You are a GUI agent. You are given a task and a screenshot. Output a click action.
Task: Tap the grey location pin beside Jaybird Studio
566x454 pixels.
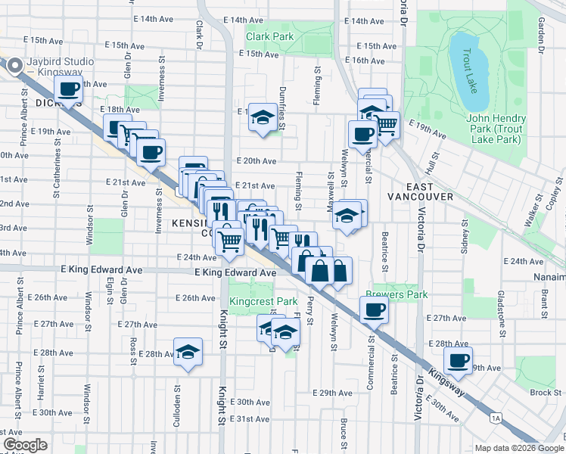pyautogui.click(x=14, y=67)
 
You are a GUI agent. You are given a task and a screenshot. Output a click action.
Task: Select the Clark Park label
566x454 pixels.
pyautogui.click(x=269, y=36)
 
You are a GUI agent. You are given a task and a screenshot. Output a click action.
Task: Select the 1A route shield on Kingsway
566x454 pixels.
pyautogui.click(x=496, y=417)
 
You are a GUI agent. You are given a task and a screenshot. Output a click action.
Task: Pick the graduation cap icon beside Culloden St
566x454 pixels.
pyautogui.click(x=188, y=352)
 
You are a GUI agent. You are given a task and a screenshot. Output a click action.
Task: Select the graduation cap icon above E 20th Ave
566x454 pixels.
pyautogui.click(x=263, y=117)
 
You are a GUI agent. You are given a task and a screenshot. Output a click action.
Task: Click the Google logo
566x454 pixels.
pyautogui.click(x=25, y=444)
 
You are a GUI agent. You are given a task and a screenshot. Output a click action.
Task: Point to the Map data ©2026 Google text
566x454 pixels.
pyautogui.click(x=518, y=448)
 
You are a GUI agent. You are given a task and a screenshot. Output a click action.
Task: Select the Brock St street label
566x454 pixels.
pyautogui.click(x=545, y=392)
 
